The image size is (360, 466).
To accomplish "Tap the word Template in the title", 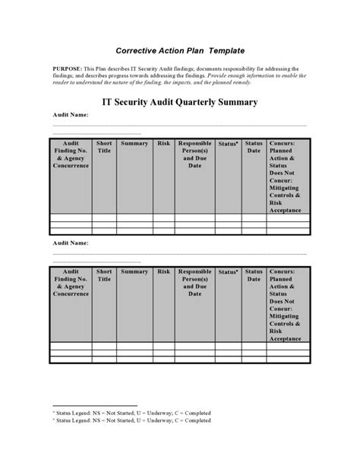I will coord(221,51).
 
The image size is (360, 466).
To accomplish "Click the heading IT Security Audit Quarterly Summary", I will coord(179,101).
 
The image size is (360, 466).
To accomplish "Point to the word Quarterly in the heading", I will coord(205,101).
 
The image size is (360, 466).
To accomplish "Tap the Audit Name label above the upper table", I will coord(70,114).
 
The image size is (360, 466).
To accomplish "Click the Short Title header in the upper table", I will coord(104,146).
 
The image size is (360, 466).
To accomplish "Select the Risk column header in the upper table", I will coord(163,143).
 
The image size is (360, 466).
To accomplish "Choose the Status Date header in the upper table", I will coord(253,147).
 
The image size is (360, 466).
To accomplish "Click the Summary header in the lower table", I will coord(134,271).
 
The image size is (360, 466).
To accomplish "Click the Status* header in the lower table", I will coord(227,271).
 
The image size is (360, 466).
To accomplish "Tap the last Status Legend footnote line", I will coord(131,419).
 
